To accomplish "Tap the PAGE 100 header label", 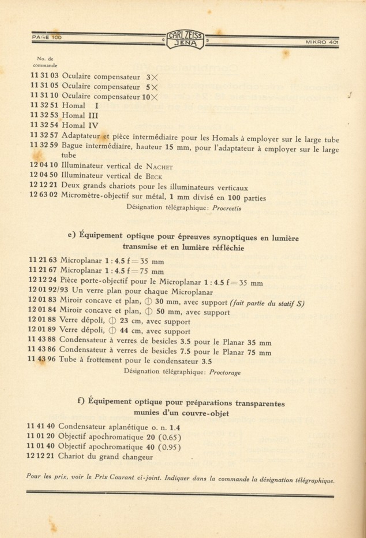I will coord(47,37).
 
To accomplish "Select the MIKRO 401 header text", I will coord(322,42).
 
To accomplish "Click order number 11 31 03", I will coord(44,76).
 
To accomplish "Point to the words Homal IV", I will coord(80,125).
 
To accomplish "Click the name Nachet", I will coord(159,167).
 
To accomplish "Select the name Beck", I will coord(154,177).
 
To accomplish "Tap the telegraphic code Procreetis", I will coord(227,208).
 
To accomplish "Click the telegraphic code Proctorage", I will coord(225,372).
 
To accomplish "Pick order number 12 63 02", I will coord(44,195).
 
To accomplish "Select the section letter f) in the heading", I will coord(81,401).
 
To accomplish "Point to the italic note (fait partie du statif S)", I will coord(267,303).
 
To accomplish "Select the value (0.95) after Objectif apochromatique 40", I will coord(169,447).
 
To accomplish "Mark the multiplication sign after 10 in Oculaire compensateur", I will coord(154,97).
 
